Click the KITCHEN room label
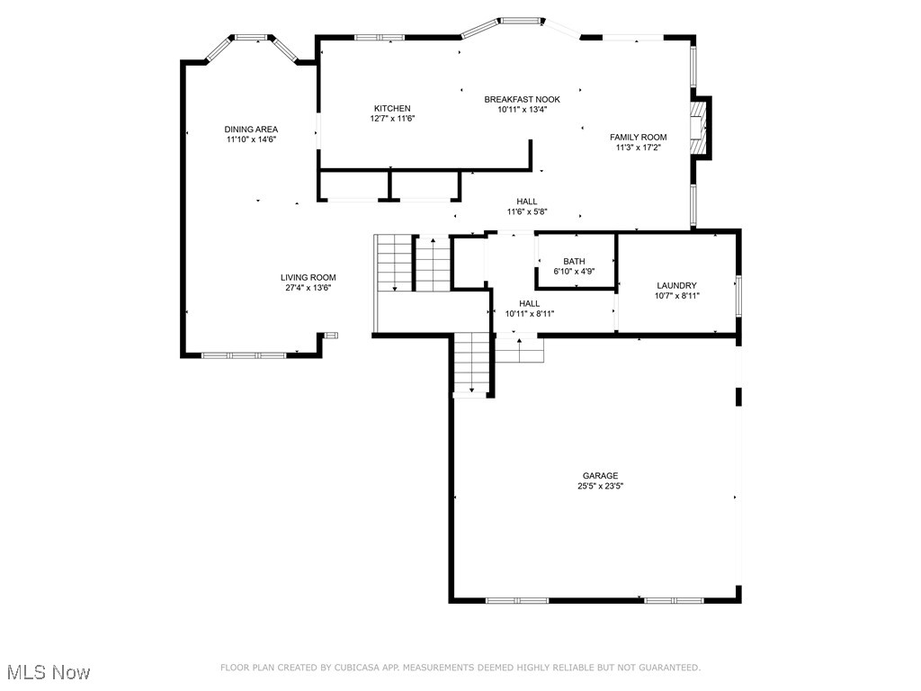point(392,108)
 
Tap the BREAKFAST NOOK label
point(523,99)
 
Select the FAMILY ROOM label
point(639,137)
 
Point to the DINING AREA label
point(251,130)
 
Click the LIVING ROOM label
point(308,277)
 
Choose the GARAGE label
point(600,475)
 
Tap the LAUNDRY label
point(676,285)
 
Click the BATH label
point(574,262)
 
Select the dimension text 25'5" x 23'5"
point(600,486)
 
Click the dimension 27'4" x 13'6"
point(308,288)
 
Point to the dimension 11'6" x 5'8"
point(527,212)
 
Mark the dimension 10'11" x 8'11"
point(529,314)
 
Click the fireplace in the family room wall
point(698,128)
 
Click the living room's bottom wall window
point(244,354)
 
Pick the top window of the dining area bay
point(252,38)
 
